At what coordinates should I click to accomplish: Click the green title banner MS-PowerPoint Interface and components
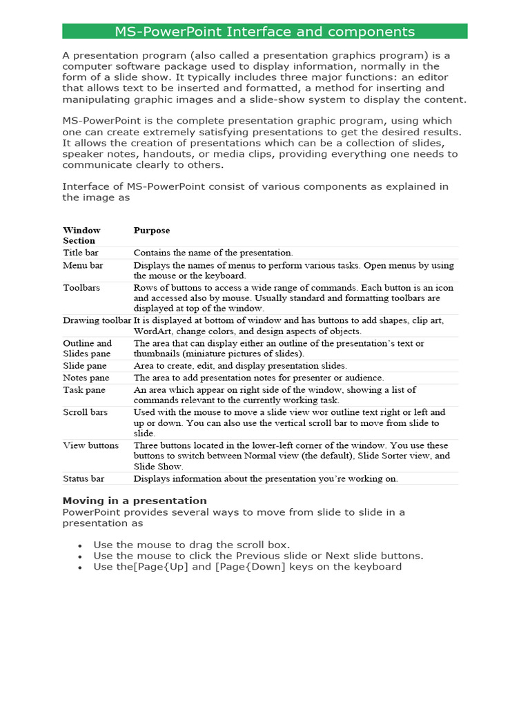coord(264,31)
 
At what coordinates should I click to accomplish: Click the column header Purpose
coord(151,230)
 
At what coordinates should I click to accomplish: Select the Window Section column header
coord(81,235)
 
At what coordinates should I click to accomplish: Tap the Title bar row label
coord(80,253)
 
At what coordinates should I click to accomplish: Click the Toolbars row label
coord(81,287)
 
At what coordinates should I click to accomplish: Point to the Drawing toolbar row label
coord(97,320)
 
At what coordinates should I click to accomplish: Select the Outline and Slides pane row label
coord(87,348)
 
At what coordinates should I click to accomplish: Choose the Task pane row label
coord(84,389)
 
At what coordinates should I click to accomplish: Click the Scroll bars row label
coord(85,412)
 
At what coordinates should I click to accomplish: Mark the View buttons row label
coord(90,445)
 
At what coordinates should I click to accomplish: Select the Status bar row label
coord(84,478)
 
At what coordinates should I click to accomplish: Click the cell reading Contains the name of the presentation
coord(213,253)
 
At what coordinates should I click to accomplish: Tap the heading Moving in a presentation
coord(135,501)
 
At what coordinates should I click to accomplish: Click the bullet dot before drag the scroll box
coord(80,545)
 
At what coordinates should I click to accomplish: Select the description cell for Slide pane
coord(240,365)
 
